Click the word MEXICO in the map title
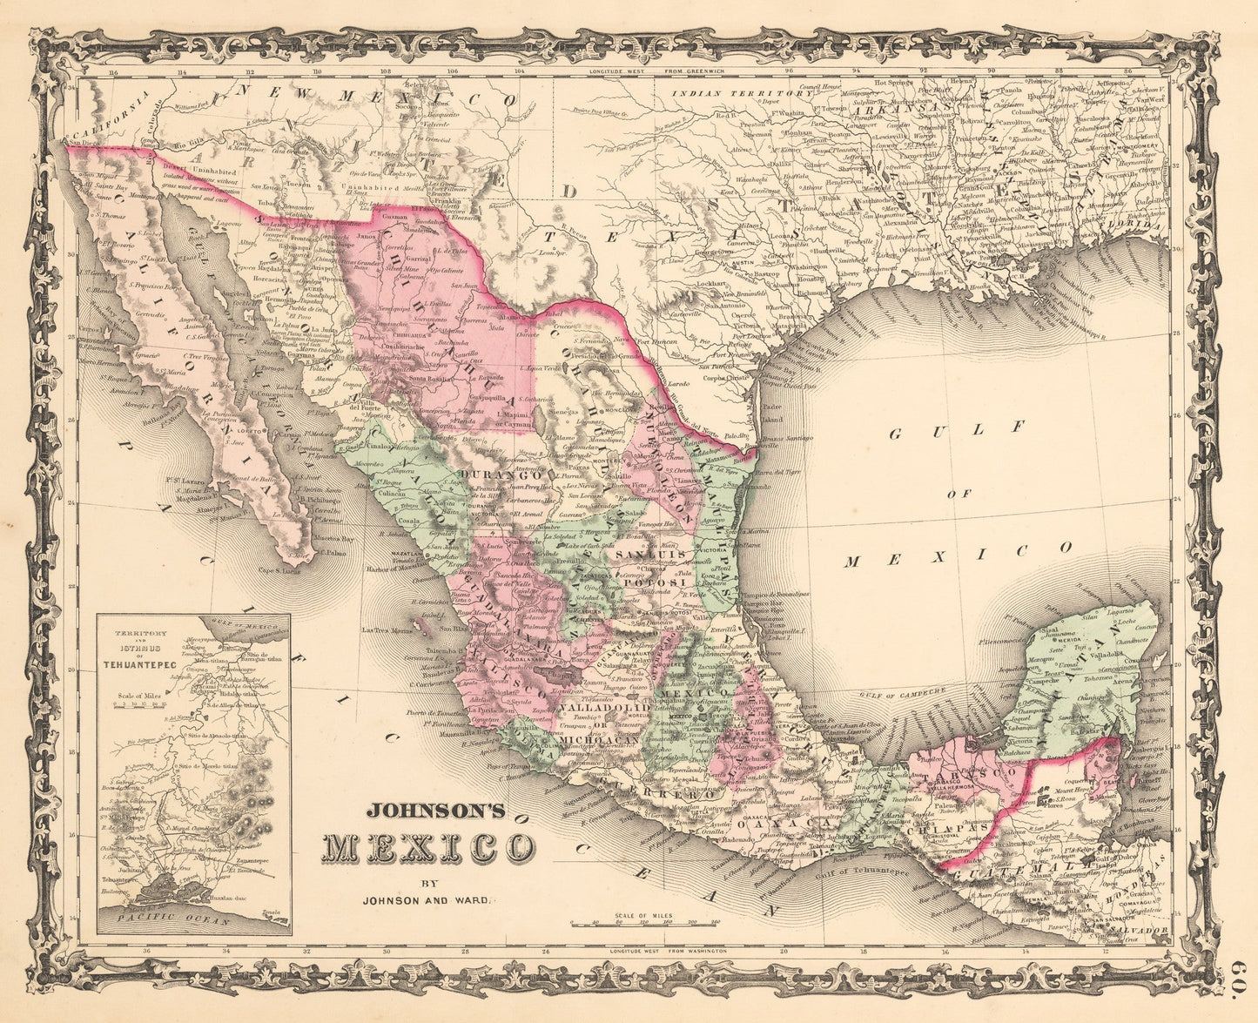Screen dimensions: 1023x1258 pyautogui.click(x=429, y=846)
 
